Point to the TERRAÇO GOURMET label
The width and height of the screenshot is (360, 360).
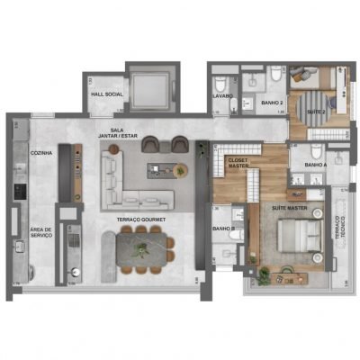click(x=139, y=218)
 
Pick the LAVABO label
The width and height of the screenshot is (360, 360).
click(x=224, y=94)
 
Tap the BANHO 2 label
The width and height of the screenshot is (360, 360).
click(x=273, y=103)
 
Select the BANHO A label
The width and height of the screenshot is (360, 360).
click(x=316, y=166)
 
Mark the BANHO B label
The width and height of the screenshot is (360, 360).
click(x=224, y=229)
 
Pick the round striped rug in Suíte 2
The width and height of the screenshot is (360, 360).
click(x=313, y=98)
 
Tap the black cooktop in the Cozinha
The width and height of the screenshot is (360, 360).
click(x=20, y=192)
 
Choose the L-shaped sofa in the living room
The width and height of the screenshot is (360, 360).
click(x=126, y=183)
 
